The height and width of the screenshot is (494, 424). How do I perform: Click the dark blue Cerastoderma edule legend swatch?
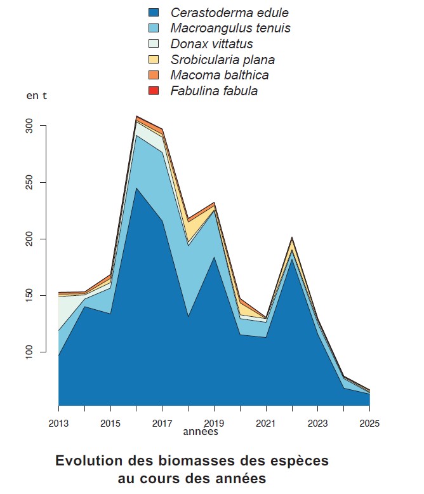(153, 13)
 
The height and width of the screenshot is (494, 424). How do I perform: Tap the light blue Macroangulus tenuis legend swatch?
(153, 29)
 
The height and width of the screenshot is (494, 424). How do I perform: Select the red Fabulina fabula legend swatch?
(153, 91)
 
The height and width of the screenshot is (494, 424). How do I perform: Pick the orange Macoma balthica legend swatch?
(153, 76)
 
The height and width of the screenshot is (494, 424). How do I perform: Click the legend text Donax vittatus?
(211, 44)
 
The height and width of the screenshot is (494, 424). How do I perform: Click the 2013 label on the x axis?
(58, 423)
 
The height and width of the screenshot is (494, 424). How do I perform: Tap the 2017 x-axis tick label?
(162, 423)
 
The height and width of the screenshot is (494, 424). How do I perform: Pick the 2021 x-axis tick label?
(266, 423)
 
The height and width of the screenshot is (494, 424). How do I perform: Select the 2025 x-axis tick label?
(369, 423)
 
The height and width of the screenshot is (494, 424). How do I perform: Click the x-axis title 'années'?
(201, 432)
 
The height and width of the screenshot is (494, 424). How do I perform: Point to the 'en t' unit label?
(36, 96)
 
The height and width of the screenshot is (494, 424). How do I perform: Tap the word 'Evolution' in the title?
(86, 460)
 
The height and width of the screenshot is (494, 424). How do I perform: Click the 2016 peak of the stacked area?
(136, 117)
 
